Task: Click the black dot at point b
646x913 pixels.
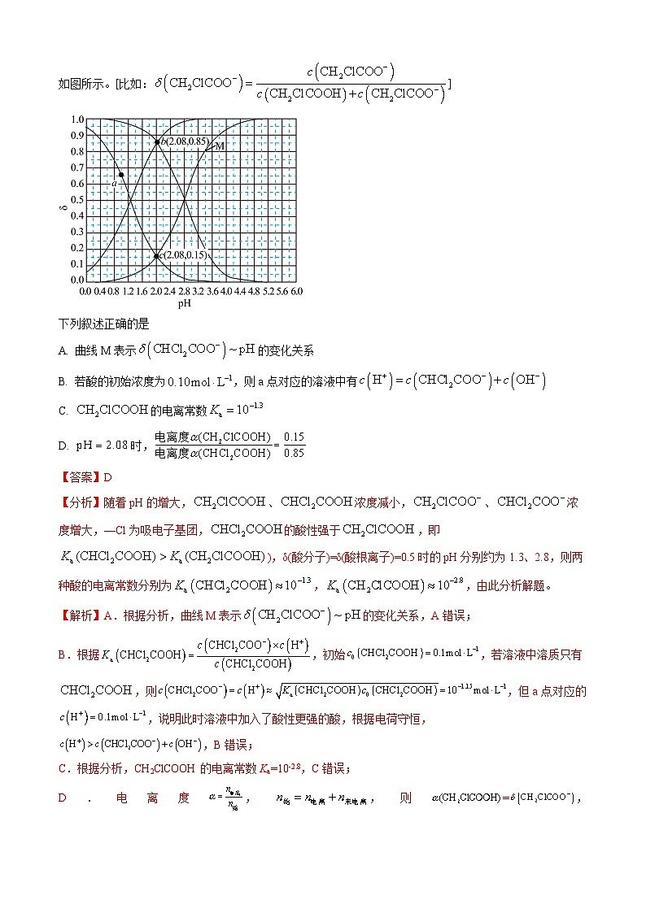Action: pos(157,142)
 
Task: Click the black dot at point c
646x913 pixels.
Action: pos(156,256)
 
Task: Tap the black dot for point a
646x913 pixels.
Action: pos(121,175)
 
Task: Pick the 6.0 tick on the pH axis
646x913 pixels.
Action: pos(296,291)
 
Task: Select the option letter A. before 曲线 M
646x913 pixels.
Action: pos(63,351)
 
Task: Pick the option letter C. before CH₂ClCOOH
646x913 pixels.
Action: pos(63,411)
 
